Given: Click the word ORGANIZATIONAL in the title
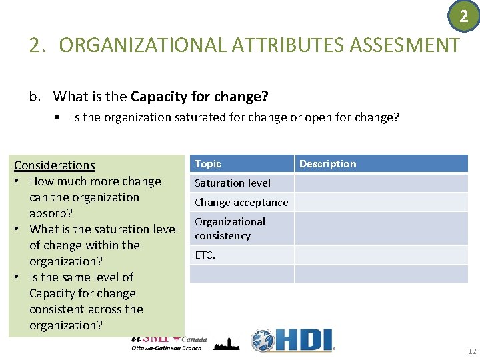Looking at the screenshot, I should [143, 45].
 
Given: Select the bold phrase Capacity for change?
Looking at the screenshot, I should [199, 97].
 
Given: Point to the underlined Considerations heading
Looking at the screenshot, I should [55, 165].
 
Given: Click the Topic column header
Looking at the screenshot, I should [208, 164].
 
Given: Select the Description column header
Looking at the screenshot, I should [328, 164].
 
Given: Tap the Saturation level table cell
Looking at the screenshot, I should [233, 183].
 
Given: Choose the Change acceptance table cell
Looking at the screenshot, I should [241, 202].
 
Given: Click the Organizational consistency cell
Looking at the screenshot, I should [230, 229].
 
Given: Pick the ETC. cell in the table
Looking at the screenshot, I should [205, 255].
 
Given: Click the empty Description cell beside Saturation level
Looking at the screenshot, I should [381, 183].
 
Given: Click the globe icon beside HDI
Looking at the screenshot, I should [263, 341].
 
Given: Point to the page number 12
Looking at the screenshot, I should [472, 351].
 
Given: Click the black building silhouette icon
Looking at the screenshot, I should [226, 343].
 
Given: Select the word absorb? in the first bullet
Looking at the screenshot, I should [51, 213].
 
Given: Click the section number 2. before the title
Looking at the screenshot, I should [38, 45].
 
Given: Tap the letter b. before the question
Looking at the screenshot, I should [35, 97].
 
